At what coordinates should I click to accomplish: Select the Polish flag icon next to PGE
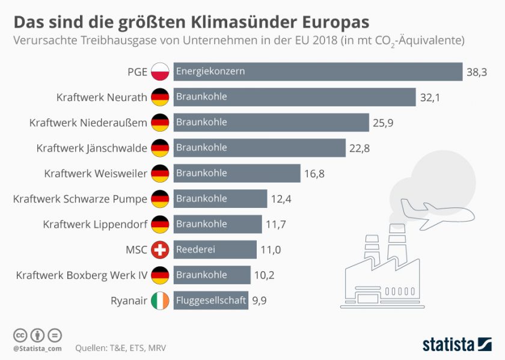[x=160, y=72]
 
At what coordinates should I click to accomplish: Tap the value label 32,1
[x=430, y=97]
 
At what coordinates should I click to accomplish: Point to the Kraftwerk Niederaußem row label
[x=88, y=123]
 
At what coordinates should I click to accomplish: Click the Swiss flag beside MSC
[x=160, y=249]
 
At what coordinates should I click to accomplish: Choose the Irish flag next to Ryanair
[x=160, y=301]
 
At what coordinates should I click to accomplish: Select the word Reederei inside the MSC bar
[x=195, y=249]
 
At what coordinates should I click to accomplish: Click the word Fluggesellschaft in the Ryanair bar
[x=210, y=301]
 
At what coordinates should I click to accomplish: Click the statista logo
[x=456, y=344]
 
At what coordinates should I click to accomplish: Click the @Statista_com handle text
[x=37, y=348]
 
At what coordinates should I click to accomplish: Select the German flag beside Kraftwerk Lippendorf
[x=160, y=224]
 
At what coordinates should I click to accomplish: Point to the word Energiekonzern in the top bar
[x=210, y=72]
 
